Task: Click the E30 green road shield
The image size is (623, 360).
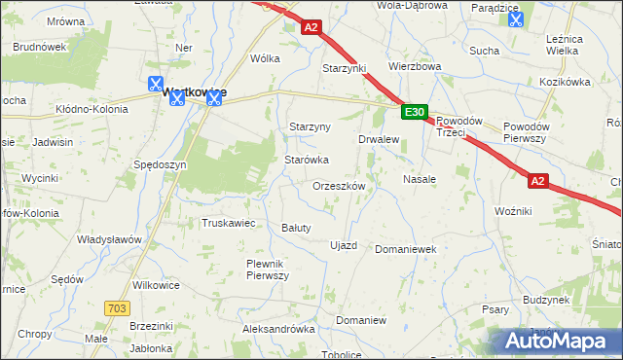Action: tap(414, 114)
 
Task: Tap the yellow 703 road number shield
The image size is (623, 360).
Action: tap(116, 307)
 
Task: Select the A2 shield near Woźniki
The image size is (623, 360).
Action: tap(539, 181)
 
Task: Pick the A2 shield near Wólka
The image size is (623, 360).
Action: tap(311, 29)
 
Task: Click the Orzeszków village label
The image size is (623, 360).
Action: tap(339, 185)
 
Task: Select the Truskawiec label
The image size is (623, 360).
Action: tap(228, 223)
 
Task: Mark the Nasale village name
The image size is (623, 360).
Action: tap(420, 180)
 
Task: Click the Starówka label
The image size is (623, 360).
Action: tap(306, 160)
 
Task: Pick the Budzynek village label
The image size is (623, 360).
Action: tap(545, 301)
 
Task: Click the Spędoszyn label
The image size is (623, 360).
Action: tap(160, 165)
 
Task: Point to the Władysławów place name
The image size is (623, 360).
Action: tap(110, 239)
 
